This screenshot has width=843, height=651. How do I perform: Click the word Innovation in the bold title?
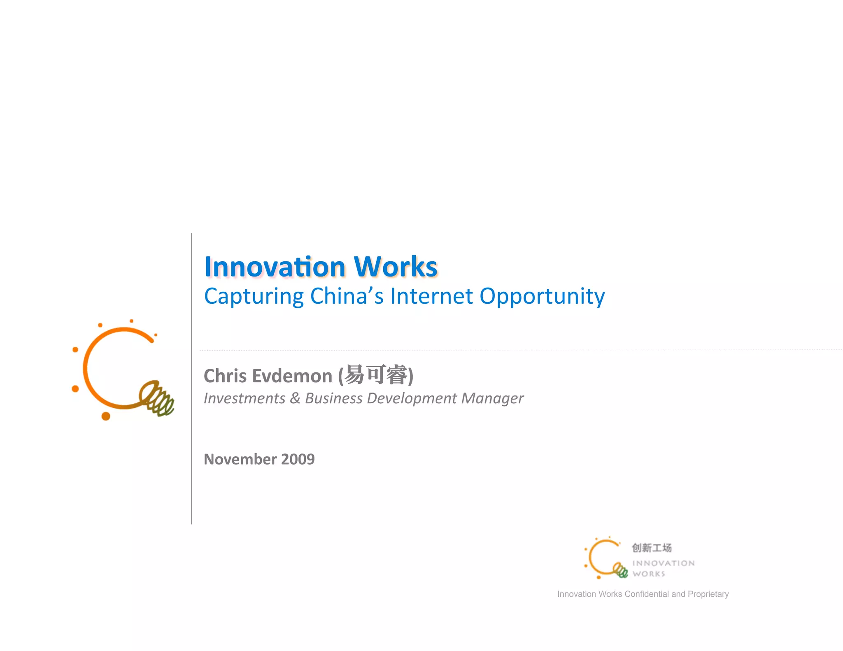[x=275, y=267]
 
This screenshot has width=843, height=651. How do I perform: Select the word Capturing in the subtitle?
[x=254, y=296]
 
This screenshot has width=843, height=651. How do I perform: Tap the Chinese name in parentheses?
[x=376, y=375]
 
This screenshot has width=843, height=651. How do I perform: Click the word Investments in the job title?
[x=245, y=398]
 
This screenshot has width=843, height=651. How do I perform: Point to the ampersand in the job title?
[x=295, y=398]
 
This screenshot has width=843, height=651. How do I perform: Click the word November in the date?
[x=240, y=459]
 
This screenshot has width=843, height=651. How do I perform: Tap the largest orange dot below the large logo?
[x=106, y=416]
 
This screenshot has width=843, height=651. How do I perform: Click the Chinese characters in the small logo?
[x=652, y=548]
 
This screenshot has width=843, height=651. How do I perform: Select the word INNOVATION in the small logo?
[x=663, y=563]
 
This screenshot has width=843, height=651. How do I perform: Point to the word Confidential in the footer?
[x=647, y=594]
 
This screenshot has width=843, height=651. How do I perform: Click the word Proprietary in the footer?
[x=708, y=594]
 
